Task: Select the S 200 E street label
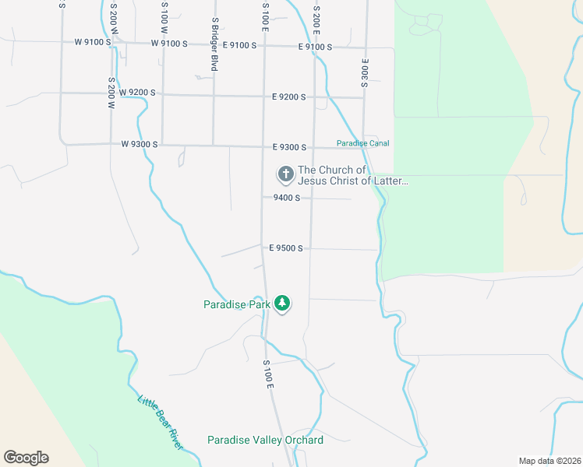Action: tap(316, 19)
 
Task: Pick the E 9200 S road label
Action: tap(289, 97)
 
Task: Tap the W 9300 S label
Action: tap(140, 144)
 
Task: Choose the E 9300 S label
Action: tap(289, 147)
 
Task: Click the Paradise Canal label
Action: tap(362, 143)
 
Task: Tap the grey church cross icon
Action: tap(285, 174)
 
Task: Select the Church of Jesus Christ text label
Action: tap(353, 176)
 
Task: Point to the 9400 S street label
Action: tap(287, 198)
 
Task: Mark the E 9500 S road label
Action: tap(285, 248)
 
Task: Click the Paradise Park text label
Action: tap(236, 304)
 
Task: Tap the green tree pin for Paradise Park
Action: tap(282, 304)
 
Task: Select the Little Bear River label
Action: tap(161, 423)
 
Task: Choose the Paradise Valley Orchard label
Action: tap(265, 440)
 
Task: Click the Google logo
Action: tap(26, 458)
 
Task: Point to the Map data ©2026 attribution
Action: tap(549, 461)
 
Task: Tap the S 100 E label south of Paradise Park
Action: tap(268, 374)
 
